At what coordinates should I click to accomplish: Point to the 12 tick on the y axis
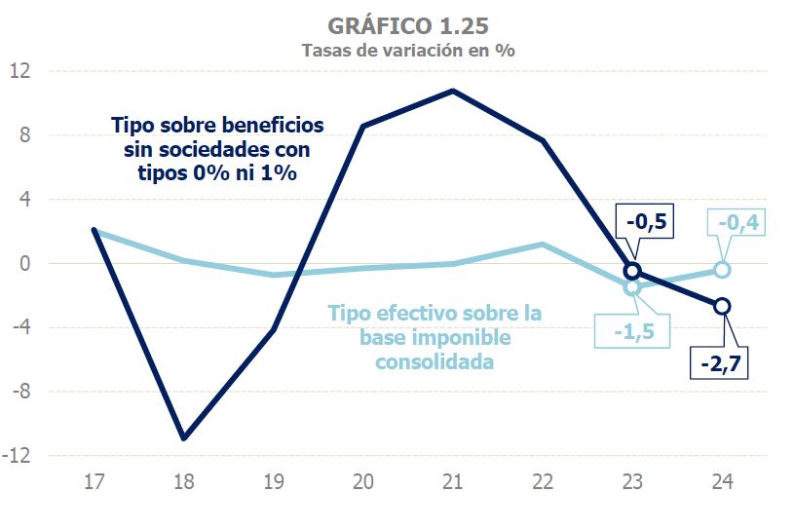pos(21,71)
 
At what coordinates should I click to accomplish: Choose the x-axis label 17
pos(94,481)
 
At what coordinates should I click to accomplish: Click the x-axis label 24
pos(722,481)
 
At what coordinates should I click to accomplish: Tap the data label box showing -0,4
pos(737,223)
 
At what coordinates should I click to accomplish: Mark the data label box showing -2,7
pos(722,365)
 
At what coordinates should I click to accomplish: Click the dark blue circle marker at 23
pos(632,271)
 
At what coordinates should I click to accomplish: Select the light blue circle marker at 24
pos(722,270)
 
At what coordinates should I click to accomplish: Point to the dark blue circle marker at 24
pos(722,306)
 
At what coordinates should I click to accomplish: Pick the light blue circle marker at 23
pos(632,286)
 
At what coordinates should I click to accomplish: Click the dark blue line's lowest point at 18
pos(183,438)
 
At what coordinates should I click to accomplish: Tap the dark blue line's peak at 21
pos(453,91)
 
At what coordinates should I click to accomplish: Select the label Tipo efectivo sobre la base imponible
pos(434,337)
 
